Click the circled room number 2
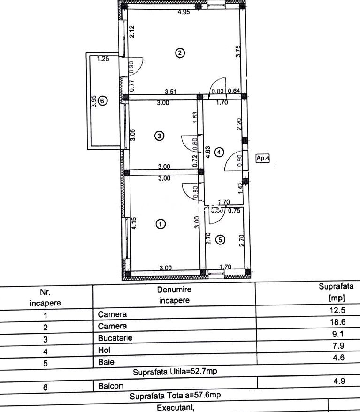click(x=180, y=53)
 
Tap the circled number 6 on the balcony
click(x=103, y=100)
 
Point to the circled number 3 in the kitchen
click(x=160, y=136)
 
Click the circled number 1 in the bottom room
click(x=161, y=224)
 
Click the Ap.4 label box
click(x=263, y=159)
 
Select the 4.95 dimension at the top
click(x=184, y=12)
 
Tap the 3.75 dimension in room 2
click(x=238, y=51)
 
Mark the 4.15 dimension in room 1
click(x=134, y=223)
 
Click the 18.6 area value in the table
click(x=339, y=323)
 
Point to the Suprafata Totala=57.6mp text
click(x=175, y=396)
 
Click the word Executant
click(x=175, y=407)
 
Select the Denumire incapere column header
click(x=174, y=295)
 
